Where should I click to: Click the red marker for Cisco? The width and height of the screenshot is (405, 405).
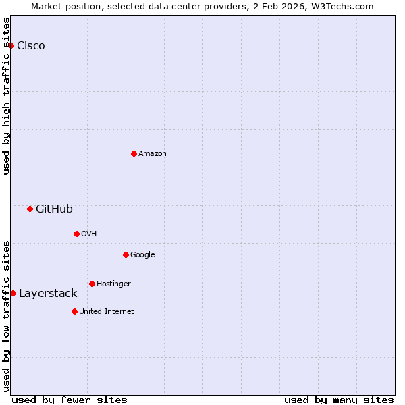[11, 45]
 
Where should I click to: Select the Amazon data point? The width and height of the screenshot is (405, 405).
[134, 153]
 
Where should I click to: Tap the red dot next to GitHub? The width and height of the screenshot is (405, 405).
[30, 209]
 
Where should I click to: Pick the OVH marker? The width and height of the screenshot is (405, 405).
[76, 234]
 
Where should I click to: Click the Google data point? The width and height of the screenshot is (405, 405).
[126, 254]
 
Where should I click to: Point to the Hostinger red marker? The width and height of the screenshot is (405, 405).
[92, 283]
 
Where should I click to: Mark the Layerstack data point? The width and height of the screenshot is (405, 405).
[13, 293]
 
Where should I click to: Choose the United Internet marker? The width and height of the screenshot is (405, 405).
[74, 311]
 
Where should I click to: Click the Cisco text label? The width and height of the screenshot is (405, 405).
[31, 45]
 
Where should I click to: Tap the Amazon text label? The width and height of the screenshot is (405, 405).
[153, 153]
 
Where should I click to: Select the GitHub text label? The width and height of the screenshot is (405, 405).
[54, 209]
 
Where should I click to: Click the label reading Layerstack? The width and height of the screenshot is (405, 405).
[48, 293]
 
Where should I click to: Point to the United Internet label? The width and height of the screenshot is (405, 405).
[107, 311]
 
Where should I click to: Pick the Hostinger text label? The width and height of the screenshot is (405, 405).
[113, 283]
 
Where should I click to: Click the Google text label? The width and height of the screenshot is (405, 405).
[142, 254]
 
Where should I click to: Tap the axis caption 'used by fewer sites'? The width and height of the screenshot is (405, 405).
[70, 400]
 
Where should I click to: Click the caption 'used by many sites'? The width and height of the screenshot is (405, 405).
[339, 400]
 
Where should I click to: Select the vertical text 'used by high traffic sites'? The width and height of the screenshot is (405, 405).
[6, 96]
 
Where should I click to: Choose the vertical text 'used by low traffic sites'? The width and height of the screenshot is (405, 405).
[6, 316]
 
